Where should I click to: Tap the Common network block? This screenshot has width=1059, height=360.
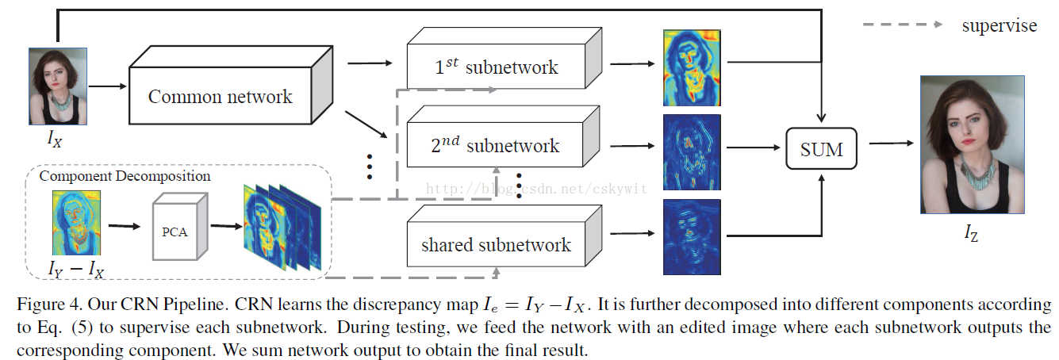click(221, 97)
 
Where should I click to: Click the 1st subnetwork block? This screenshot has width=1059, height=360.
click(497, 67)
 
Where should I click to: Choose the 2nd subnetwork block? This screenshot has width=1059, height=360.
click(497, 145)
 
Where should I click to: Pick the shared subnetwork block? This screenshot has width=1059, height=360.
click(497, 243)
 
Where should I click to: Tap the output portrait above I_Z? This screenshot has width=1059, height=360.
click(972, 145)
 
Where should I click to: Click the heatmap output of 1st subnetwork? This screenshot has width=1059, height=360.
click(691, 67)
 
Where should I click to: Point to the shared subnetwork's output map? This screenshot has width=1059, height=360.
click(691, 236)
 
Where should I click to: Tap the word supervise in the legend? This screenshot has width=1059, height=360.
click(999, 25)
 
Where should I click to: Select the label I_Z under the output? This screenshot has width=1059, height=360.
click(971, 232)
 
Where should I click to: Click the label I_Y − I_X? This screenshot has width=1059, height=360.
click(77, 270)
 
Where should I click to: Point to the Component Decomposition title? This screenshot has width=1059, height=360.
click(125, 176)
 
